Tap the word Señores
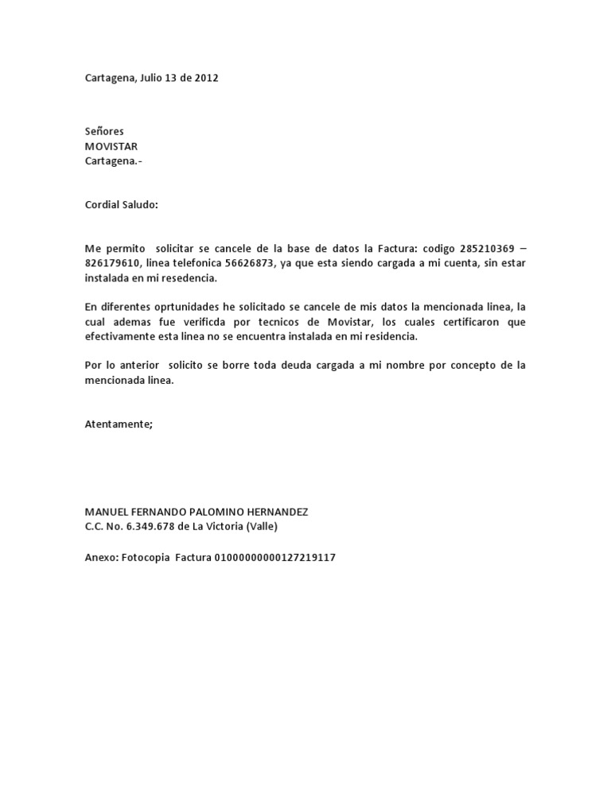click(x=104, y=131)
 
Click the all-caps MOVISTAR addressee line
click(x=111, y=146)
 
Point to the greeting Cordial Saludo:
click(x=122, y=205)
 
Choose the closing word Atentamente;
click(x=119, y=424)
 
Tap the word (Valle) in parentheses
click(x=262, y=527)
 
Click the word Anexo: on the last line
click(x=101, y=557)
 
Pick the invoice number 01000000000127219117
click(x=274, y=557)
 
